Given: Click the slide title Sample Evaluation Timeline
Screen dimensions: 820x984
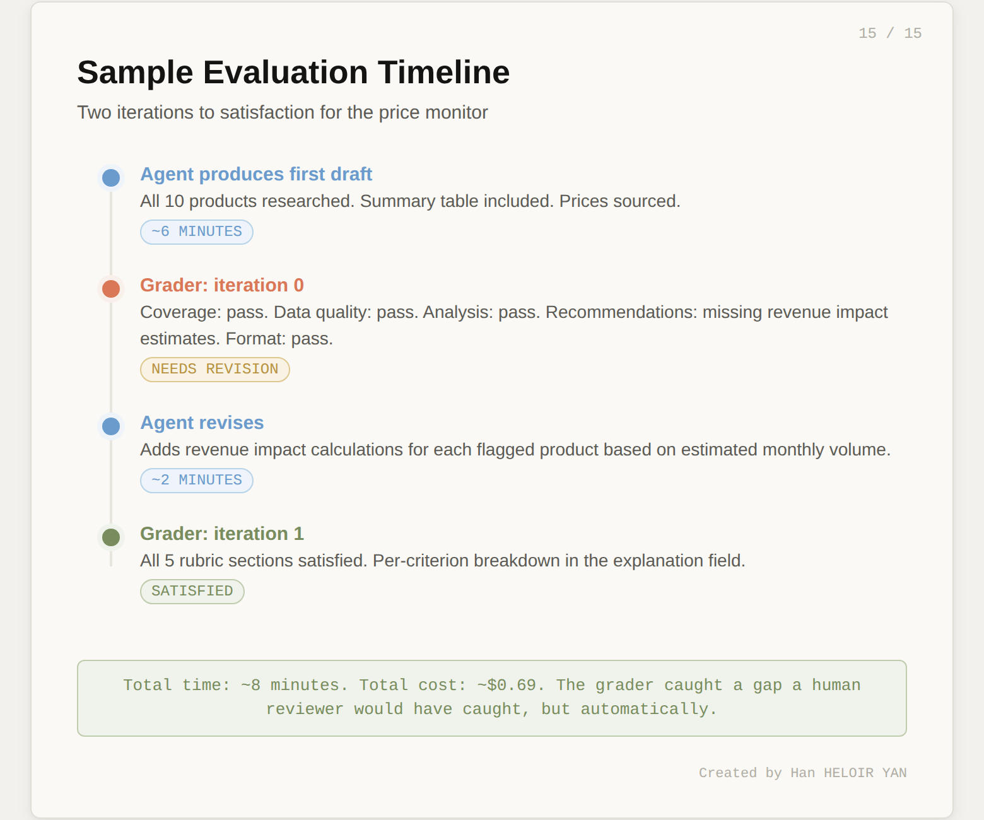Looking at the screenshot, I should pos(293,73).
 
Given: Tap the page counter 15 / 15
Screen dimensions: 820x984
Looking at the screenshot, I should pos(889,33).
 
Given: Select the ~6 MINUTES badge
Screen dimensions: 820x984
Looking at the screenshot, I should pos(196,231).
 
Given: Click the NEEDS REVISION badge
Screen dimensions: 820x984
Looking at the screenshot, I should pos(214,369).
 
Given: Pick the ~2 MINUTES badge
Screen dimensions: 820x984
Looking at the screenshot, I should pos(196,480).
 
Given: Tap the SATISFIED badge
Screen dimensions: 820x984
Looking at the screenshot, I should pos(192,591).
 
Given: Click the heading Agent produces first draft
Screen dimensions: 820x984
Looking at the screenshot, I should pos(256,174).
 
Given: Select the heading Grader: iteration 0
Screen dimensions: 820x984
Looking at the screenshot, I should pos(222,285).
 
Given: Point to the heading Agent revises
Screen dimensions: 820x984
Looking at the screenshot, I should pos(202,423).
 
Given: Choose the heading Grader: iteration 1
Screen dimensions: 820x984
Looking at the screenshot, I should pos(222,534).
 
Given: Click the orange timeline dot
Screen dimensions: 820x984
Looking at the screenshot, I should pos(111,289).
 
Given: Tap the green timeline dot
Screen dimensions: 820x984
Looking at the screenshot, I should pos(111,537).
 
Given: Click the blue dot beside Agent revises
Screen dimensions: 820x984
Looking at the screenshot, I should pos(111,426).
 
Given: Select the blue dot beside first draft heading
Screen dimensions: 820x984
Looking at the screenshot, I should pos(111,178).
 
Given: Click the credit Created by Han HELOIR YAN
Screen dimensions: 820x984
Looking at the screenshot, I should pos(802,773).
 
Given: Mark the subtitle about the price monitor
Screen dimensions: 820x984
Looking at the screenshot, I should pos(283,112).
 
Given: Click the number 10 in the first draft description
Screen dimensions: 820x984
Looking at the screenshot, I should pos(174,201).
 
